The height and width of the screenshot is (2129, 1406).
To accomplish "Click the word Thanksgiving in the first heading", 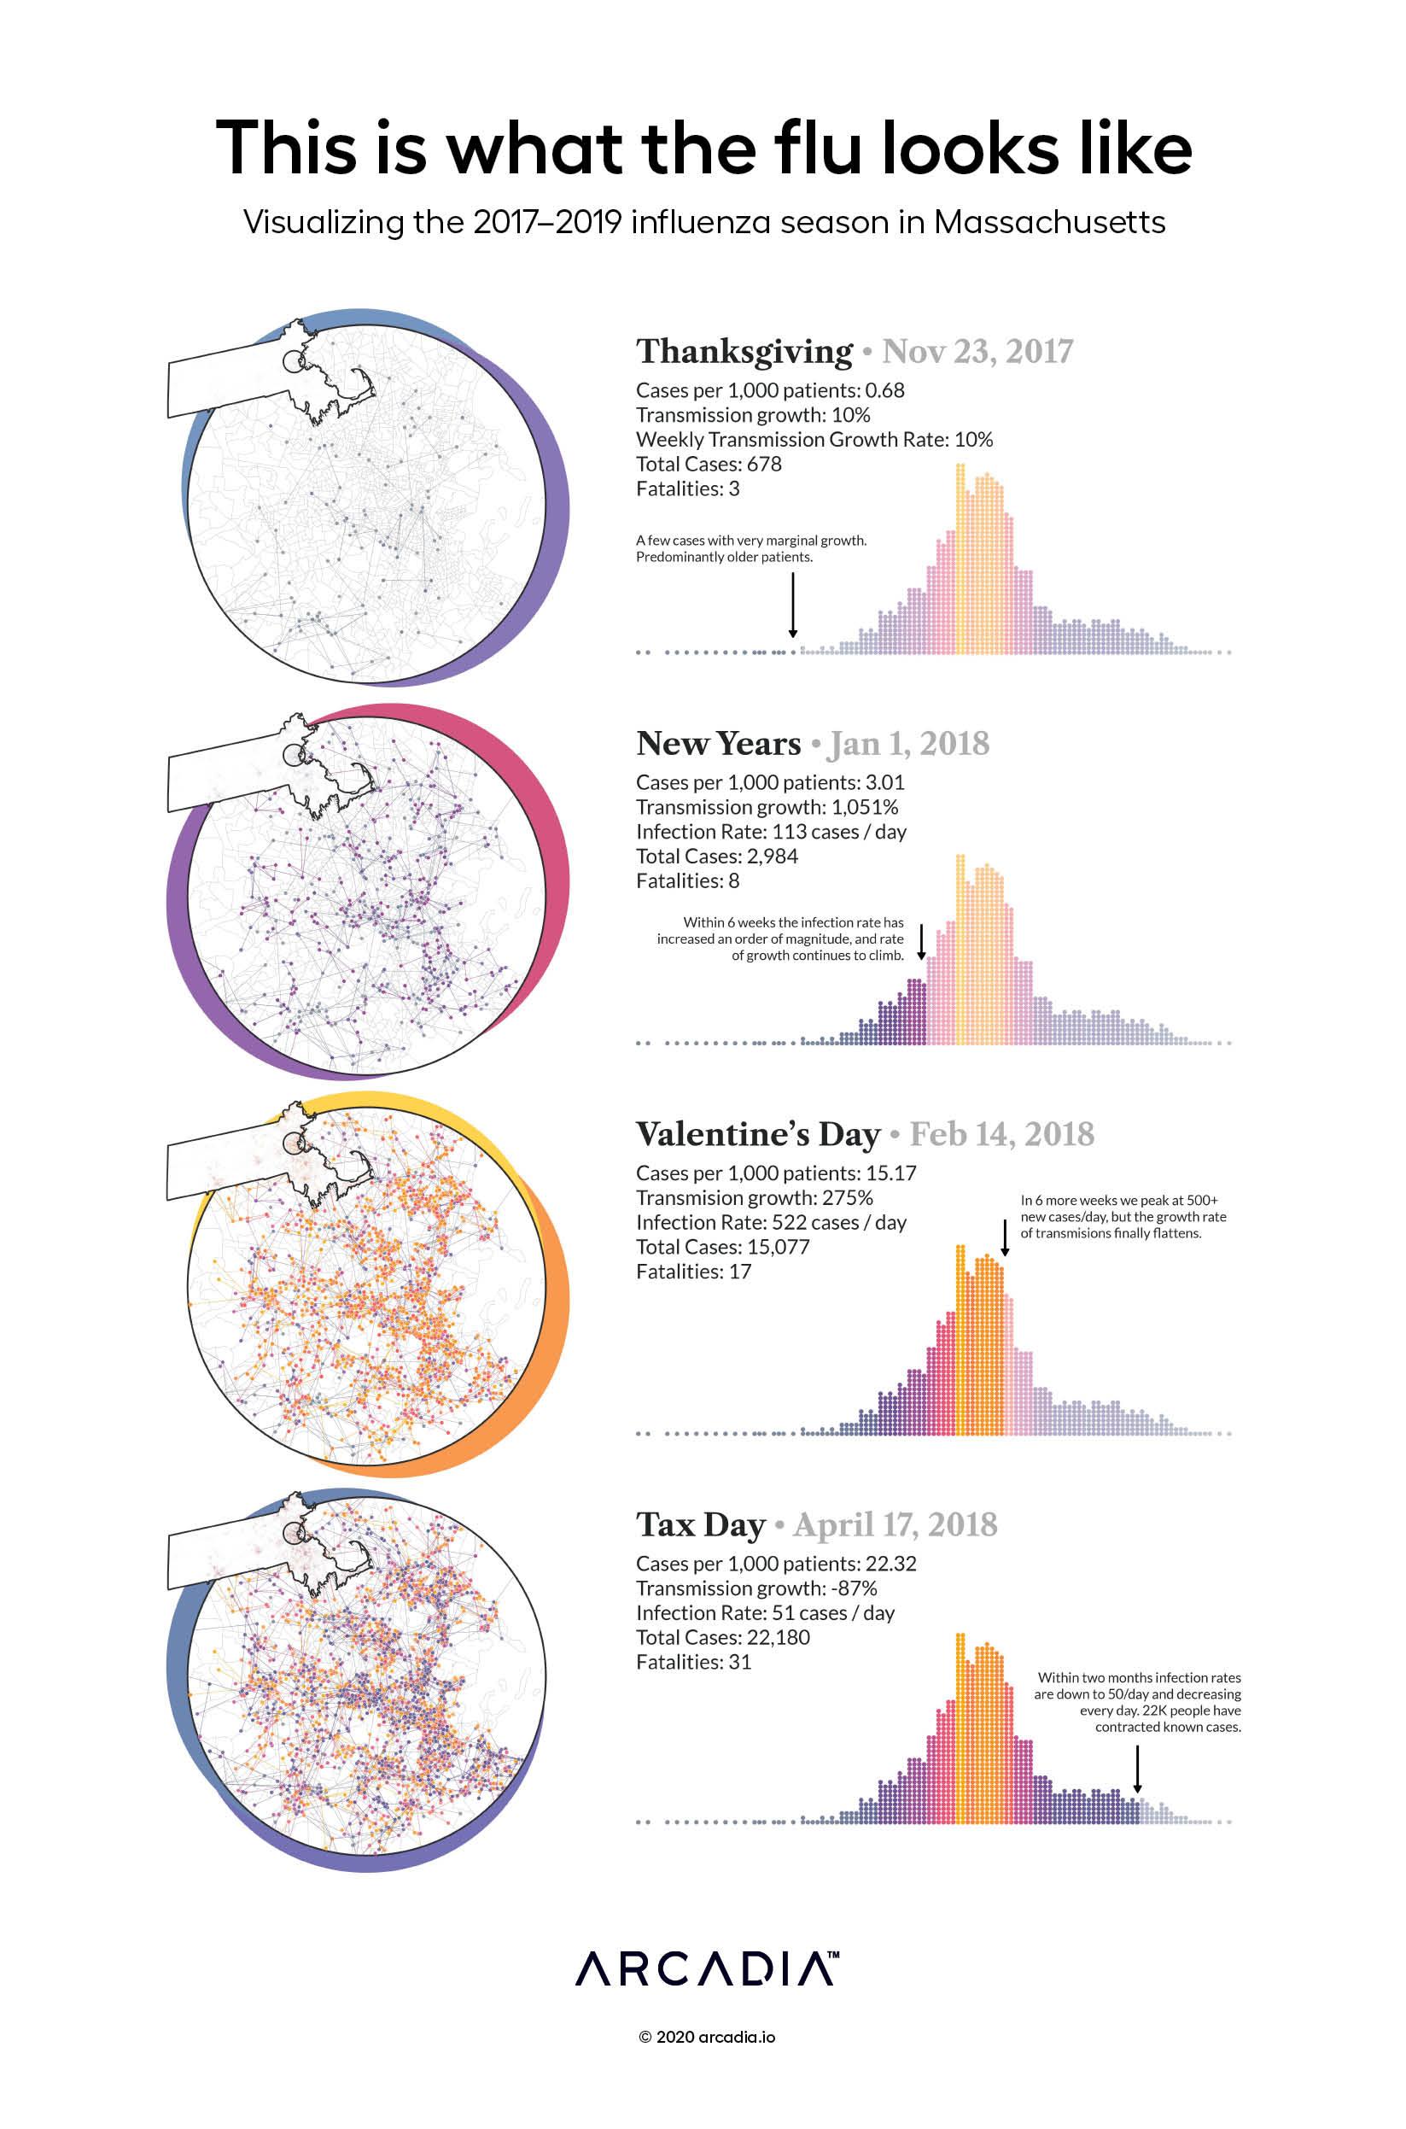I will point(744,352).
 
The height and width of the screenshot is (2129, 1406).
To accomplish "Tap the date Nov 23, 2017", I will point(977,352).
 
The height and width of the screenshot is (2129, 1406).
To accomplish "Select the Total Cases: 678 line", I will point(709,464).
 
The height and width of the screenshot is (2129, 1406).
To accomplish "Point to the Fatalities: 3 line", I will point(688,488).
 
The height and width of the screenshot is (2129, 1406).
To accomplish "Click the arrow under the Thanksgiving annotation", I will point(793,605).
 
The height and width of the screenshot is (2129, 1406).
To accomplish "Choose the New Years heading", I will point(718,744).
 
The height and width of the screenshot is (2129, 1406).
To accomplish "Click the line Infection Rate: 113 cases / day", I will point(771,831).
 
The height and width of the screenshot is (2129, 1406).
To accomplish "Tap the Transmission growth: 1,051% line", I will point(767,807).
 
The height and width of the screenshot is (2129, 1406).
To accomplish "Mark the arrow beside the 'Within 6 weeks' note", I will point(921,942).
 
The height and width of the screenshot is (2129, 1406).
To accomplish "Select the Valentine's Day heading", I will point(759,1134).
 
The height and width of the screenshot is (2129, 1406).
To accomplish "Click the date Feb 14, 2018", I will point(1001,1134).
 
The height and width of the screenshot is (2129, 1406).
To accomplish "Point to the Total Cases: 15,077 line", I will point(723,1247).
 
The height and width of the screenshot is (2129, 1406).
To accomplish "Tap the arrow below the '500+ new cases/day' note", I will point(1004,1237).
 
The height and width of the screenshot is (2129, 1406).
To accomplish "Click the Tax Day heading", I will point(700,1524).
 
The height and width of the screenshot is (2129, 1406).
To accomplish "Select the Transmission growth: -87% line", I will point(756,1588).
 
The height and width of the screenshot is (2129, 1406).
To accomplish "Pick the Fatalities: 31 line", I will point(693,1662).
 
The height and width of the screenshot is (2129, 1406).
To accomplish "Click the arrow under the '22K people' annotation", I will point(1137,1769).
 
